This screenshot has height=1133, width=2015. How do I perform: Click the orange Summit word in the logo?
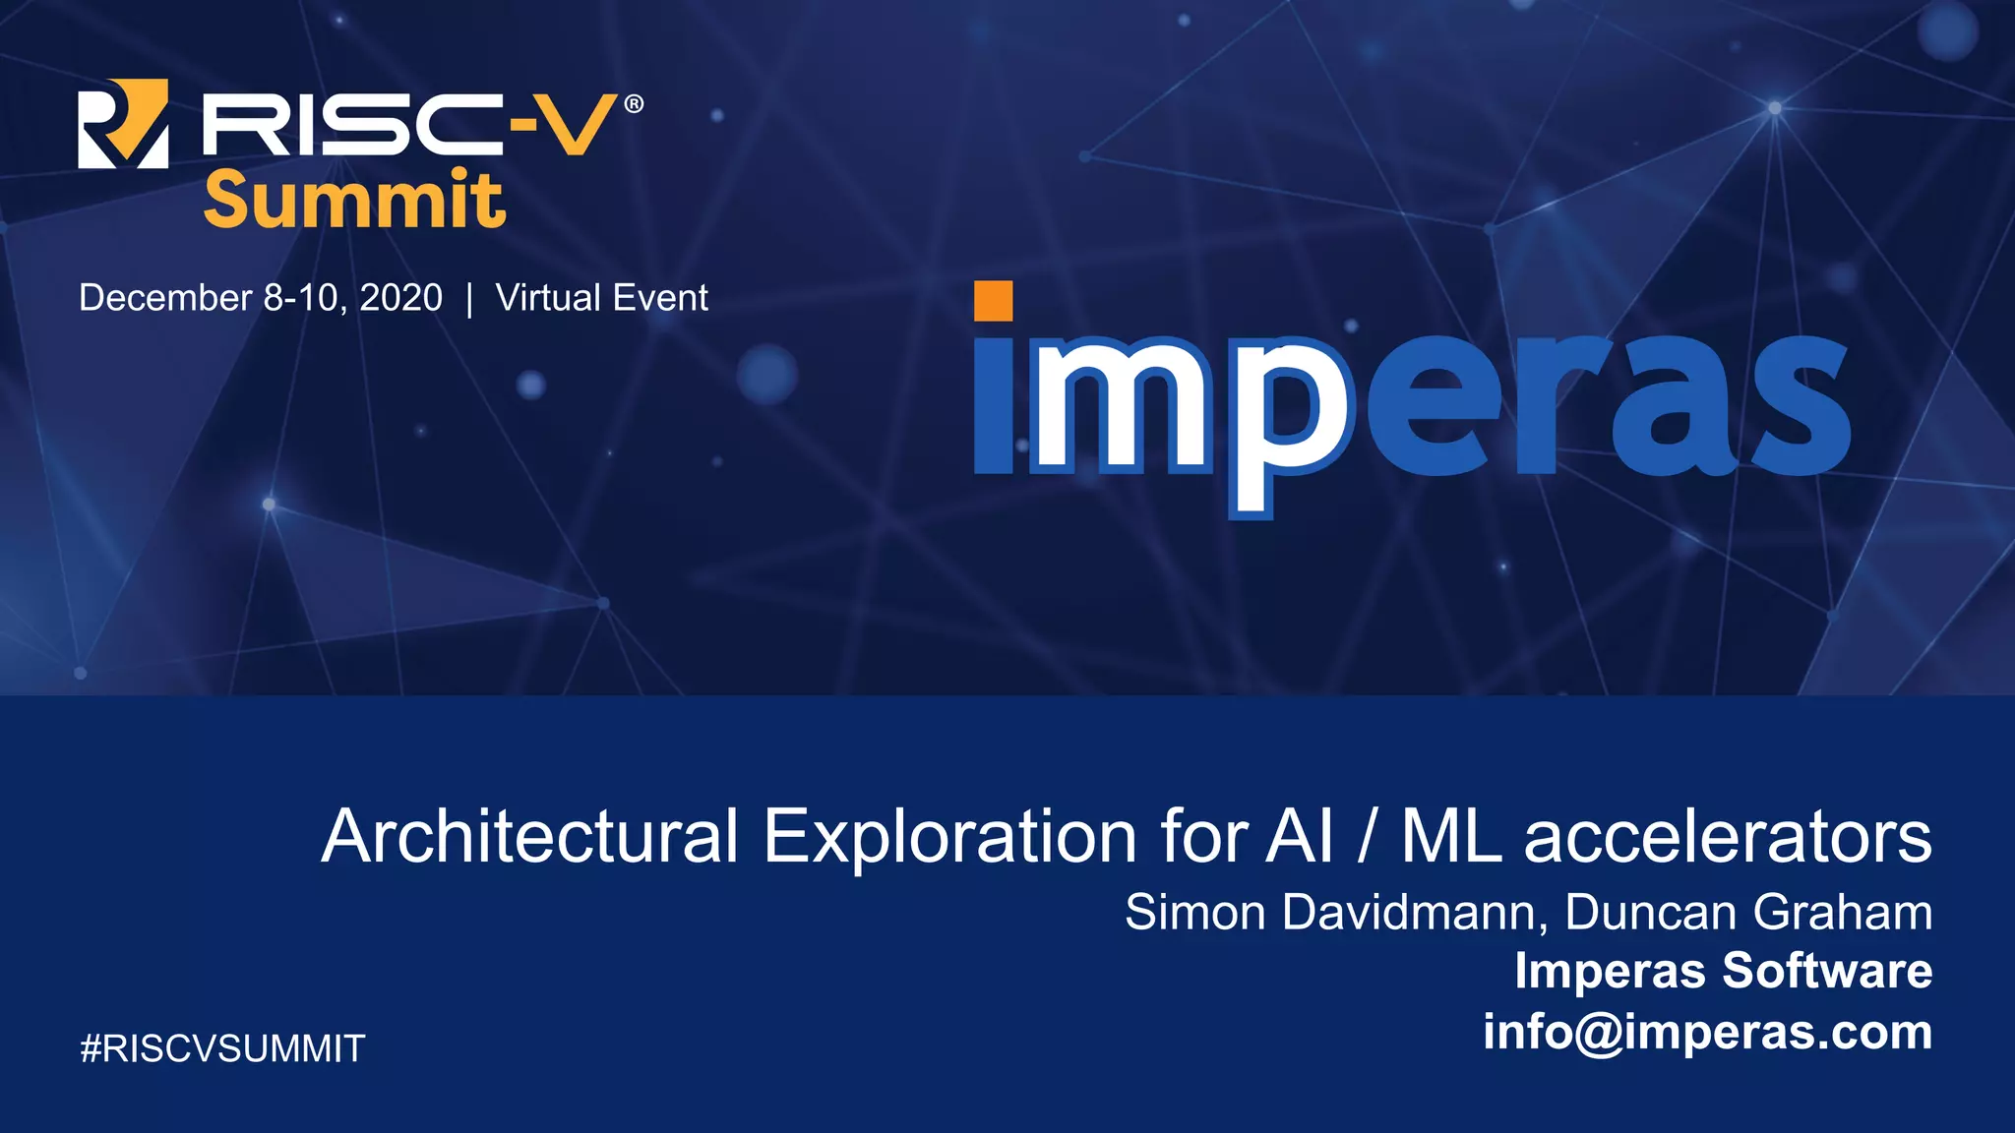pos(354,200)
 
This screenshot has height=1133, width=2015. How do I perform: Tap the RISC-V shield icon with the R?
pos(123,124)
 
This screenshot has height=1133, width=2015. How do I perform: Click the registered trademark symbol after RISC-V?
pos(634,103)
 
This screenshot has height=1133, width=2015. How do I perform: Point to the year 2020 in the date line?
pos(400,298)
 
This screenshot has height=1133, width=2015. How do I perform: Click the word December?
pos(165,298)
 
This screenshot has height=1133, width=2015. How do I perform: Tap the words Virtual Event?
pos(601,298)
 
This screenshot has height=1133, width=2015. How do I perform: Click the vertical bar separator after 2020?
pos(469,299)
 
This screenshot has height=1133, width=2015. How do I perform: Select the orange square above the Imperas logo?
pos(993,301)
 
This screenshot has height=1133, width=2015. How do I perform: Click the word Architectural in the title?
pos(529,837)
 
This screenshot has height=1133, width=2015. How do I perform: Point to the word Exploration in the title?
pos(950,837)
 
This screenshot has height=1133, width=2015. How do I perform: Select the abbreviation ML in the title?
pos(1451,837)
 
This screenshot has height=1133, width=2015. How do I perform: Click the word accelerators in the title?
pos(1728,837)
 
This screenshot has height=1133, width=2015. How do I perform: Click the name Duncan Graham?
pos(1748,912)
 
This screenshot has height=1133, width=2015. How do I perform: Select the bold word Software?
pos(1827,971)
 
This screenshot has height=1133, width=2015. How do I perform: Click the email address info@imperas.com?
pos(1707,1032)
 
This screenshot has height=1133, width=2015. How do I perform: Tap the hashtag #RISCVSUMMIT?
pos(222,1048)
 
